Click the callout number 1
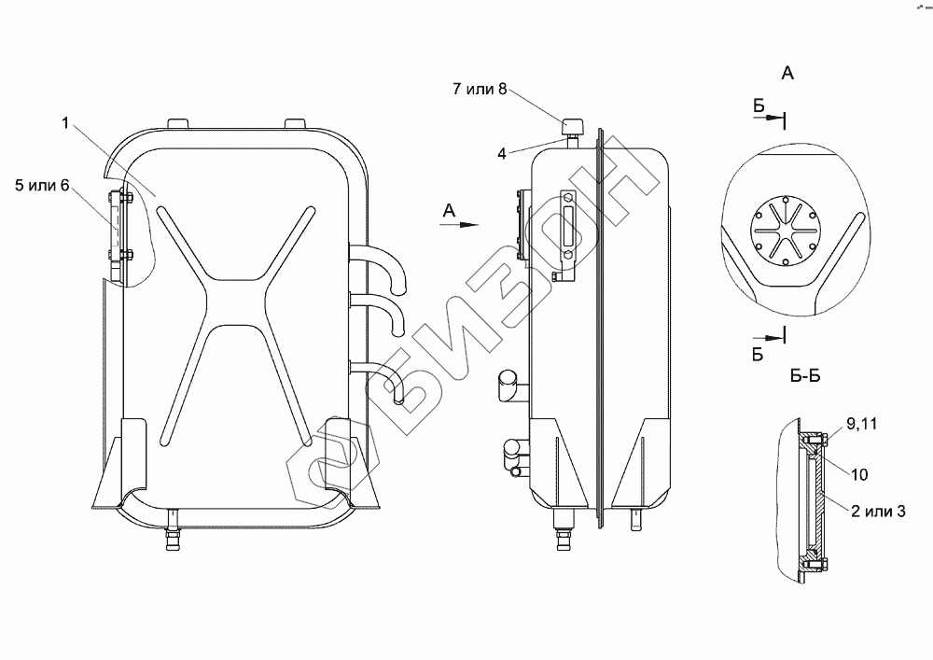[65, 124]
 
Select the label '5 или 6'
[42, 186]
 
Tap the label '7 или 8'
[480, 90]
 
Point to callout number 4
[502, 153]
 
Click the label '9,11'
[861, 425]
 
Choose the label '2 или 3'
[878, 511]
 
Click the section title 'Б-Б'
[805, 376]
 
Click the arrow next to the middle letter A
[459, 224]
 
